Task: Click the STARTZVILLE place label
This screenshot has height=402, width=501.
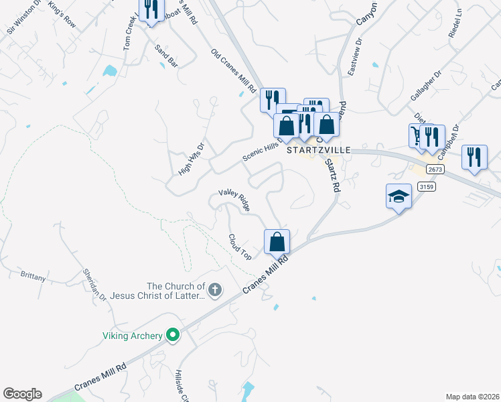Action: coord(319,151)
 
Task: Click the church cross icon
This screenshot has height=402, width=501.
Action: coord(214,290)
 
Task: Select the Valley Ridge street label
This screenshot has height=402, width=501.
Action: coord(234,199)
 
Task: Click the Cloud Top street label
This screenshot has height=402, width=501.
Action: coord(240,247)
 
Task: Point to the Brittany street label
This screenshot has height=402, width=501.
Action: coord(33,275)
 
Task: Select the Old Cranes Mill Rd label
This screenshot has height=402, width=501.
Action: coord(234,70)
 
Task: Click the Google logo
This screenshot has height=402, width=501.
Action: coord(22,394)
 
